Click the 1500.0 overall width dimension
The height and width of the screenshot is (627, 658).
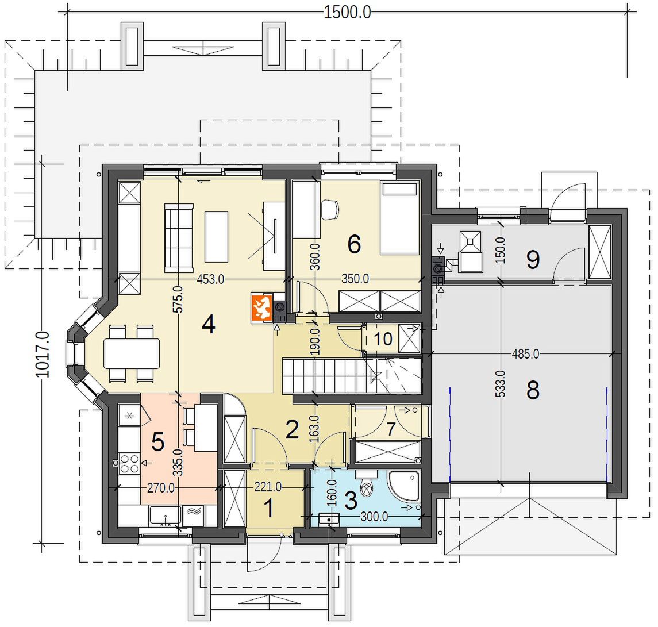tap(348, 12)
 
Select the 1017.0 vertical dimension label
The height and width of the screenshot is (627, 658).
tap(43, 354)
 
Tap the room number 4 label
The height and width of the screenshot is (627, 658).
tap(209, 324)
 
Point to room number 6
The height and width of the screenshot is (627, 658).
tap(354, 244)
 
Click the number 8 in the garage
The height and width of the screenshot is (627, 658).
tap(533, 390)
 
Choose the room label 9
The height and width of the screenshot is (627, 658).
tap(533, 260)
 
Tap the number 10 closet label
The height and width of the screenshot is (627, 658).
tap(383, 338)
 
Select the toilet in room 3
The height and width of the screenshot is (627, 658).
tap(366, 484)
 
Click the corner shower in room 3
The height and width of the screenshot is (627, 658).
tap(403, 486)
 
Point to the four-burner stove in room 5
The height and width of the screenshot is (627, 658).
tap(129, 463)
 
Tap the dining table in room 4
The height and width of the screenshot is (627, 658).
tap(132, 353)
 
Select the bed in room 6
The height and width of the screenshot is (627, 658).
tap(399, 218)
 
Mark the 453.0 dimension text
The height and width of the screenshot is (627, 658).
tap(210, 279)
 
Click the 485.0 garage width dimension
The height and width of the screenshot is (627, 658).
tap(525, 354)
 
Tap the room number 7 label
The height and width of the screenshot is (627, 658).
tap(391, 429)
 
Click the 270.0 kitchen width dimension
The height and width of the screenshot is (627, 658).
tap(161, 488)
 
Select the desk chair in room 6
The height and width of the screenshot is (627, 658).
tap(330, 209)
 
